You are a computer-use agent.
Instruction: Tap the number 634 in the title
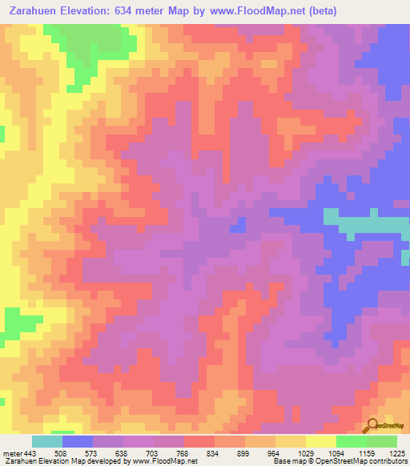pyautogui.click(x=131, y=10)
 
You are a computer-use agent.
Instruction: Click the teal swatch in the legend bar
pyautogui.click(x=47, y=441)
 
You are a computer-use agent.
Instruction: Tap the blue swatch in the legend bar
pyautogui.click(x=78, y=441)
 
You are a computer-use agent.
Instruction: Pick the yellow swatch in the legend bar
pyautogui.click(x=320, y=441)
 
